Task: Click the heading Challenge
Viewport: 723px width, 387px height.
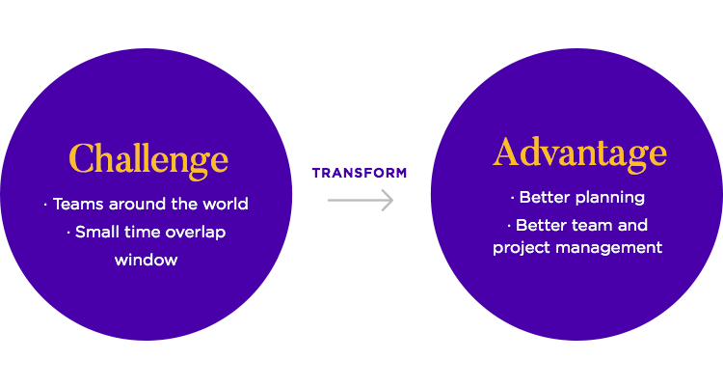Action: coord(148,161)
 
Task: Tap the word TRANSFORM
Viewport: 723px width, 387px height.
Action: coord(360,173)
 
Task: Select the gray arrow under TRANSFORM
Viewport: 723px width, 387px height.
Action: coord(361,201)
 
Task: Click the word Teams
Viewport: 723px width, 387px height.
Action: coord(78,204)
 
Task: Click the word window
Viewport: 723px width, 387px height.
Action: coord(147,260)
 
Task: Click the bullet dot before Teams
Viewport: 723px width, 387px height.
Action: coord(45,205)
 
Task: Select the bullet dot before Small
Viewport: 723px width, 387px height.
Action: coord(68,233)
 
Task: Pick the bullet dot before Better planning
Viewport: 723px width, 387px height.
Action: coord(512,198)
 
